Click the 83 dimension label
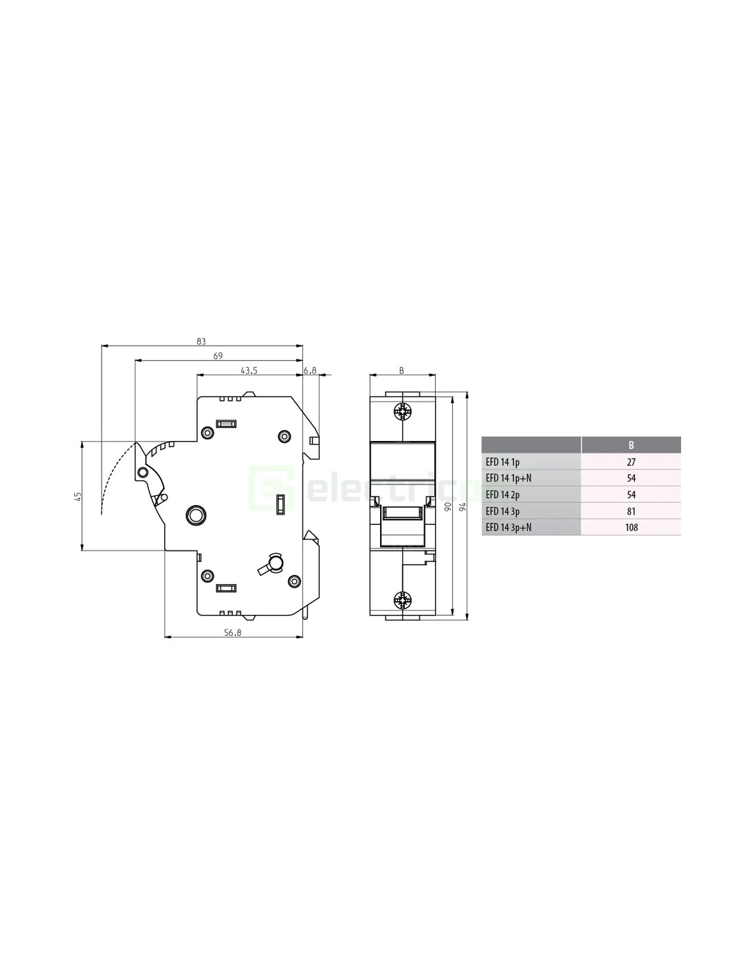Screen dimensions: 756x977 (201, 341)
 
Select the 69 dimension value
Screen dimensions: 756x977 (218, 356)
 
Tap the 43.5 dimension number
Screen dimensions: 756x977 (249, 370)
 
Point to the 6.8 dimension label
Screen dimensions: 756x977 (311, 370)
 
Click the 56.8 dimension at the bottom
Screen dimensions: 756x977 (233, 633)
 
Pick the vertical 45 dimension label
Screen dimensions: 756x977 (78, 496)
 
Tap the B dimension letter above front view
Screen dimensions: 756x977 (401, 371)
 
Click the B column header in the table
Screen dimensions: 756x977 (631, 445)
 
